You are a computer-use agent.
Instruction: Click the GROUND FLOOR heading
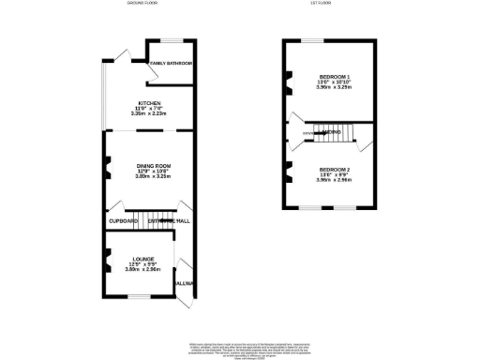(145, 4)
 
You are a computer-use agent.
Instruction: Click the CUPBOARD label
(123, 220)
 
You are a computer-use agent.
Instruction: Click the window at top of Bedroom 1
(312, 40)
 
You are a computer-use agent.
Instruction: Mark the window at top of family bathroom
(172, 40)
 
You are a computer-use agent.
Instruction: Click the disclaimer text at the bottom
(240, 349)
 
